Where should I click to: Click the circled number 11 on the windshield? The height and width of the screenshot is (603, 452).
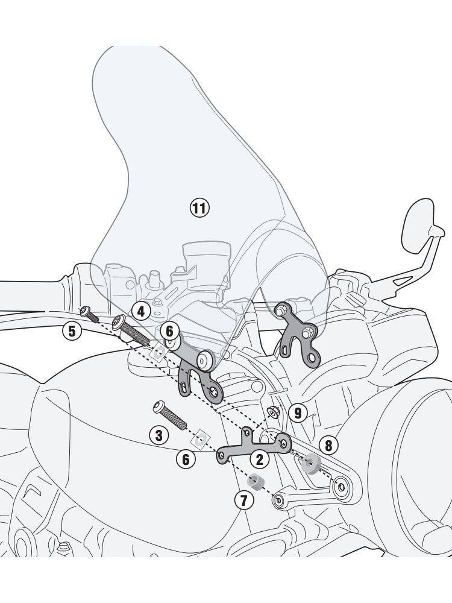pos(199,209)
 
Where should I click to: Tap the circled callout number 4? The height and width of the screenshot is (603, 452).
pos(140,311)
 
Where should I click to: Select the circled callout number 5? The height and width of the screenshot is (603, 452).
pos(72,330)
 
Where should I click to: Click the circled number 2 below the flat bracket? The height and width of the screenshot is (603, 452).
pos(260,459)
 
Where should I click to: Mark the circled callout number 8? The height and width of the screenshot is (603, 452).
pos(328,446)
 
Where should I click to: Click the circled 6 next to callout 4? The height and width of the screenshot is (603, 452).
pos(169,330)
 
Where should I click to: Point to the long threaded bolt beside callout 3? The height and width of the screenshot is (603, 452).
pos(172,415)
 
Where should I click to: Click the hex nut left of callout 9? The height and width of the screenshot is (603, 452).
pos(272,412)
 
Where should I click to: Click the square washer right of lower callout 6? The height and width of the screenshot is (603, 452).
pos(202,436)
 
